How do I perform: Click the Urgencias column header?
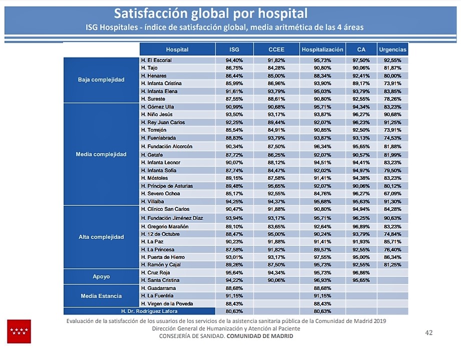pos(393,50)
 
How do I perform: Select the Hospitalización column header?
pos(322,50)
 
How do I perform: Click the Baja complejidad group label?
pos(101,80)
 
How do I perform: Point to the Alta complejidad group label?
pos(101,237)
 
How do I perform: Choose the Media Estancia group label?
pos(101,296)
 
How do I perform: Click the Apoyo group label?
pos(101,276)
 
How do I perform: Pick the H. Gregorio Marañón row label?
pos(165,226)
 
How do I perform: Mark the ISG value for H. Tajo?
pos(234,68)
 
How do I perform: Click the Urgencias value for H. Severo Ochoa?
pos(393,193)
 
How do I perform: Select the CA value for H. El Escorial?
pos(361,60)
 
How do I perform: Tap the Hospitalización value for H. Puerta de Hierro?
pos(322,257)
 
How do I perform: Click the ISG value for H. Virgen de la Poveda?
pos(234,303)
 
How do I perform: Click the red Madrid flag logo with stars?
pos(19,331)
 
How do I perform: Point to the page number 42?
pos(428,332)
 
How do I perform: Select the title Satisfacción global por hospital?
pos(210,13)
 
